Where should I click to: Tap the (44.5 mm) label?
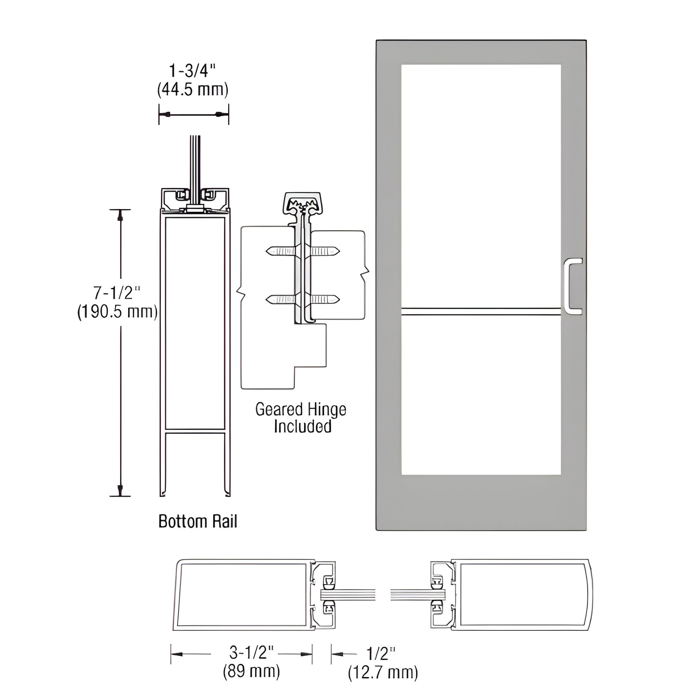pyautogui.click(x=193, y=90)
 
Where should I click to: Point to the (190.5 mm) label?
pyautogui.click(x=117, y=312)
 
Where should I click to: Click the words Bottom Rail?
pyautogui.click(x=197, y=522)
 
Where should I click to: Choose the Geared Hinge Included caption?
pyautogui.click(x=301, y=418)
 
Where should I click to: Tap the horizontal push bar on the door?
pyautogui.click(x=480, y=311)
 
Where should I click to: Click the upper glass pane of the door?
pyautogui.click(x=480, y=184)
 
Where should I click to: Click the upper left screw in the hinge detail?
pyautogui.click(x=281, y=251)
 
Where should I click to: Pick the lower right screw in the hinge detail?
pyautogui.click(x=325, y=300)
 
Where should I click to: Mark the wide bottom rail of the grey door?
pyautogui.click(x=480, y=502)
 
